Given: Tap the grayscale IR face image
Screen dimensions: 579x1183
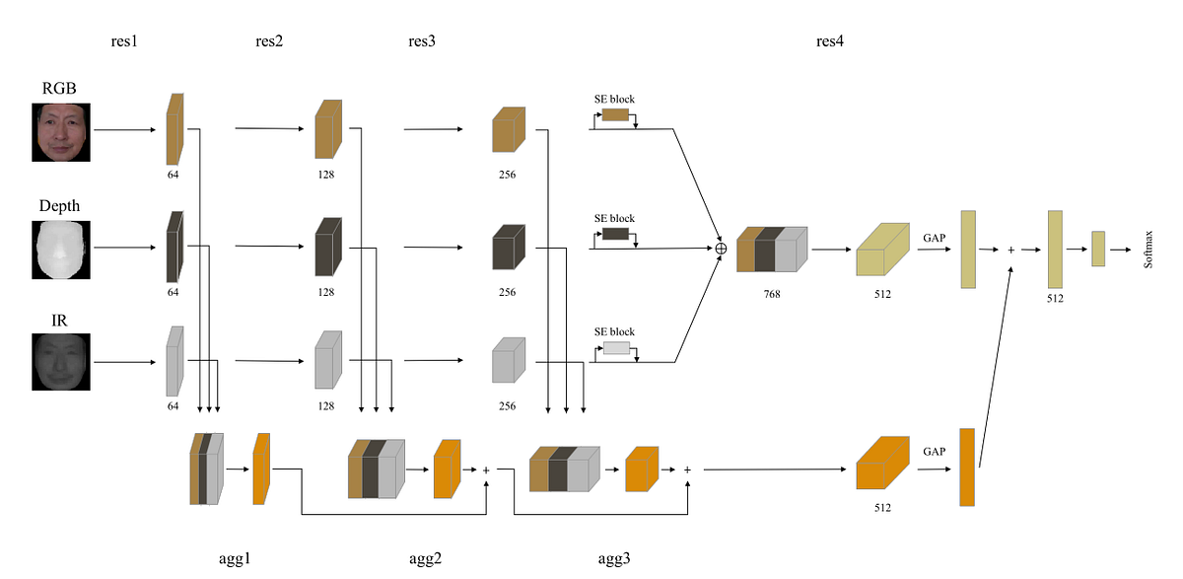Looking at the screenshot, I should (x=60, y=362).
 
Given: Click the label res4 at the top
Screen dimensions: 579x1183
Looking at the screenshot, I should (x=829, y=41).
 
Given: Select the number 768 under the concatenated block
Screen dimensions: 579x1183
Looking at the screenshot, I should (x=771, y=293).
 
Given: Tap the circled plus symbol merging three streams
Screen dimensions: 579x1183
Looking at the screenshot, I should (x=721, y=248).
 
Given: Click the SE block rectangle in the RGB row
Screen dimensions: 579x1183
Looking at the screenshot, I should (x=615, y=114).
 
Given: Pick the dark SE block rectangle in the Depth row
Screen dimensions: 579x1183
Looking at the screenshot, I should (x=615, y=234).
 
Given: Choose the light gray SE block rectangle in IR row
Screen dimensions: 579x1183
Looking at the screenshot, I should (x=615, y=347).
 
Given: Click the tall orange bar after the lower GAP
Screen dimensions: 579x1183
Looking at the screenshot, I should (x=966, y=467).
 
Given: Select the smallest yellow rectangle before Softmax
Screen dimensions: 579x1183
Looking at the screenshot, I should (x=1097, y=249).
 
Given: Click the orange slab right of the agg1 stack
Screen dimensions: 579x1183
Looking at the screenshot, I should (x=261, y=470).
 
